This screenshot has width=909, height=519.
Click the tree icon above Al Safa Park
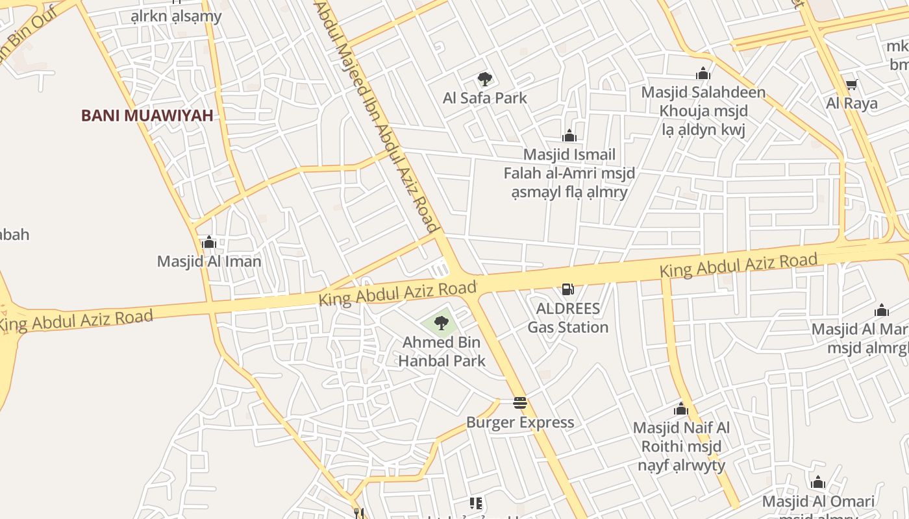pos(484,79)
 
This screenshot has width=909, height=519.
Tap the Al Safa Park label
pos(484,98)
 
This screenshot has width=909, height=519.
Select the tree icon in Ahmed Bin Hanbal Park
pos(442,322)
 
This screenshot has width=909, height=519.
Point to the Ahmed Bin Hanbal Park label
pos(442,351)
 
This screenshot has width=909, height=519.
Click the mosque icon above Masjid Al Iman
pos(209,243)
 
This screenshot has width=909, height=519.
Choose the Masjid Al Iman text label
pos(209,261)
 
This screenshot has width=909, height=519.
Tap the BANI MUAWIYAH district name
pos(147,115)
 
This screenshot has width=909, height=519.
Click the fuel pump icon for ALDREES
pos(568,289)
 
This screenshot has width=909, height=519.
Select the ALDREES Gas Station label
pos(568,317)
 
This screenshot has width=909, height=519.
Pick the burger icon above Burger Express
pos(520,403)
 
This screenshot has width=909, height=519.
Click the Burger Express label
pos(520,422)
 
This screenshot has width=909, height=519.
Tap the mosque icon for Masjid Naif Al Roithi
pos(681,409)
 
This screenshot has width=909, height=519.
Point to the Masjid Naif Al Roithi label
pos(681,446)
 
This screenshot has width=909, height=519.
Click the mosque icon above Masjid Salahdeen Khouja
pos(703,74)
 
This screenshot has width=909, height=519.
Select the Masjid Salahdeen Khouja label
pos(704,110)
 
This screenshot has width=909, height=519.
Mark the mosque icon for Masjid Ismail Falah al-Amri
pos(569,136)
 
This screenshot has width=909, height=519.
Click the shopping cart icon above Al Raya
pos(851,84)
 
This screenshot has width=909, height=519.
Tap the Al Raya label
pos(851,103)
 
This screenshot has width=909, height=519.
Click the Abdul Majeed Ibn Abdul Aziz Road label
pos(376,117)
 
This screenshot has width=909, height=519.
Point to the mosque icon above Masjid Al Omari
pos(818,483)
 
